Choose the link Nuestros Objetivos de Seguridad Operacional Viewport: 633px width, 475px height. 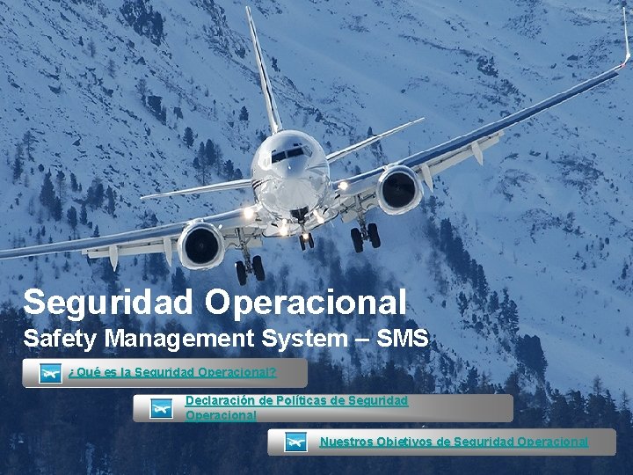coord(454,442)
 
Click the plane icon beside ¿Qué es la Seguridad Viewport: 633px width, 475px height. coord(51,373)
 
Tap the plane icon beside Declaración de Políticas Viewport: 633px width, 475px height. coord(162,408)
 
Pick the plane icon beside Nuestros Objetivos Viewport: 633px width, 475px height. coord(296,442)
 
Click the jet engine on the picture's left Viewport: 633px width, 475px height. coord(201,245)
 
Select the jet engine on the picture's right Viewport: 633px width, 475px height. coord(400,189)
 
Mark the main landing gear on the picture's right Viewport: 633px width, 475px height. coord(365,234)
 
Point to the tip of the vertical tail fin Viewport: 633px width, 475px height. coord(249,11)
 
